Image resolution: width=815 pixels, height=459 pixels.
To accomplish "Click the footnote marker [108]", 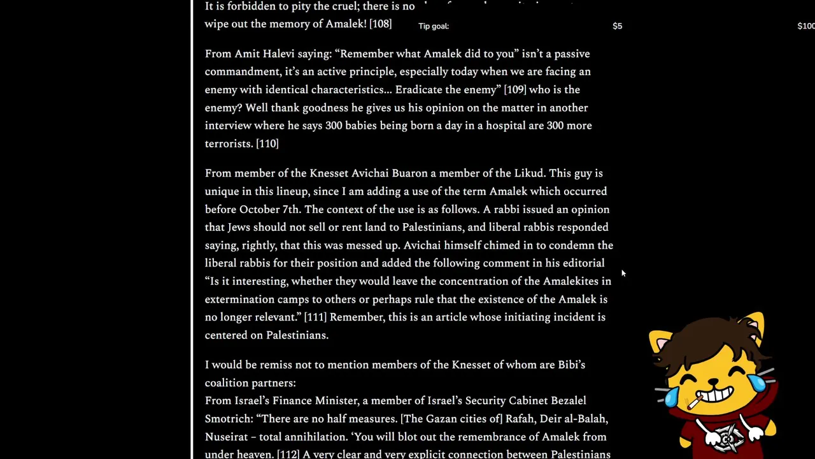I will coord(380,24).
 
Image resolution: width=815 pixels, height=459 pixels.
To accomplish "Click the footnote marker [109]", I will coord(515,90).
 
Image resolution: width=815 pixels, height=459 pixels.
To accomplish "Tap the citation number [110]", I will coord(267,144).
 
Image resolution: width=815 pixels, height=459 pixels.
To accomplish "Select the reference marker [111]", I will coord(315,317).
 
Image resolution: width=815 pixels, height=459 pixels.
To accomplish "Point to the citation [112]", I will coord(288,455).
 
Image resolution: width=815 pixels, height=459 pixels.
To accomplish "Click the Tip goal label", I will coord(434,26).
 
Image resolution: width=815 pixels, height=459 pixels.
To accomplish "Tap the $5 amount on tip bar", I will coord(617,26).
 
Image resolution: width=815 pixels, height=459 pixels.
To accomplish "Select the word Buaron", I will coord(409,173).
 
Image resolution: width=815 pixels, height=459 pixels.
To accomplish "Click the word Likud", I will coord(528,173).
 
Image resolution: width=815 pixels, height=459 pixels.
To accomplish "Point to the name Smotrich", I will coord(229,419).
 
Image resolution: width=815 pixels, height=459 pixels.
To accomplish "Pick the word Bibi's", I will coord(571,365).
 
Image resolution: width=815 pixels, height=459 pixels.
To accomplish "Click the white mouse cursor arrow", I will coord(623,273).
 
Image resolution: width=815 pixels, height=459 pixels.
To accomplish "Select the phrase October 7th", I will coord(269,209).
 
